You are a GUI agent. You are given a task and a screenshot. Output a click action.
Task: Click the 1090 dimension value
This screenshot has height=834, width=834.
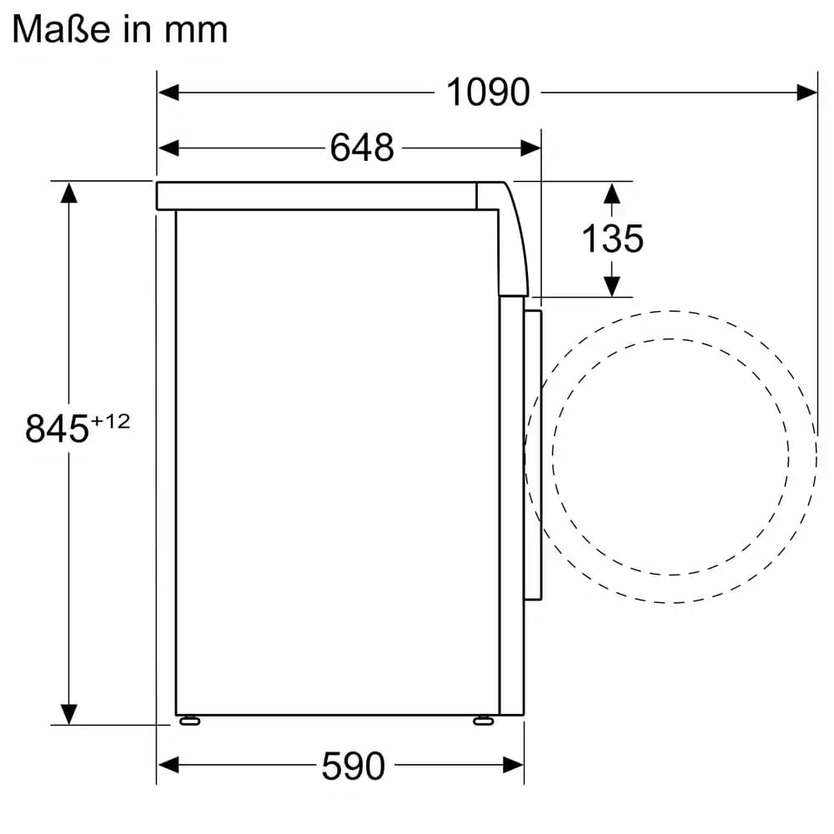coord(488,92)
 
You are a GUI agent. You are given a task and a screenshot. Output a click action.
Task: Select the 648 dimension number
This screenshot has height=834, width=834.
coord(361,148)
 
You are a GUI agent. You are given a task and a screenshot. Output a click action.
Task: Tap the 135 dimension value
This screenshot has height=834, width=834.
coord(612,239)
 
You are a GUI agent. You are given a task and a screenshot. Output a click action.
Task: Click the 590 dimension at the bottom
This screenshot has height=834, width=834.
coord(353,765)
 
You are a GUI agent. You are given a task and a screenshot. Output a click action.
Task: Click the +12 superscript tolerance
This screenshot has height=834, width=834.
coord(110,421)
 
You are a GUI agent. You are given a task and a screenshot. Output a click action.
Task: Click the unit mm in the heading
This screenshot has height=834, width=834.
coord(196,30)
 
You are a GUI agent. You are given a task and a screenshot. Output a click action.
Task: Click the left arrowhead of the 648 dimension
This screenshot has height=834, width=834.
coord(168,148)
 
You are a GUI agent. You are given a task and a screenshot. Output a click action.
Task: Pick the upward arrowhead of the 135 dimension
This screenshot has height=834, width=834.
coord(612,193)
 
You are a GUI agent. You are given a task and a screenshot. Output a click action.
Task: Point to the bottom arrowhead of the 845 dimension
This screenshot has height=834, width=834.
coord(68,713)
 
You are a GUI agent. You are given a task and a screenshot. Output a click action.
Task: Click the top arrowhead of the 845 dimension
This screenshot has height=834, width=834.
coord(68,193)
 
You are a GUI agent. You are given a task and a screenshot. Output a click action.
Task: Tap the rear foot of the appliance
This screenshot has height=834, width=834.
coord(188,720)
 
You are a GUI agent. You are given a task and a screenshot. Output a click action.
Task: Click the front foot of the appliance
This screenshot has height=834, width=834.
coord(483,720)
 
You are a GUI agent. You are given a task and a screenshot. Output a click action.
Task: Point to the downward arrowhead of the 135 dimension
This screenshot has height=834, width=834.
coord(612,286)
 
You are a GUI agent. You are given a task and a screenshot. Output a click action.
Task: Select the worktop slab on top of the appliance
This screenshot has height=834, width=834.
coord(317,195)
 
